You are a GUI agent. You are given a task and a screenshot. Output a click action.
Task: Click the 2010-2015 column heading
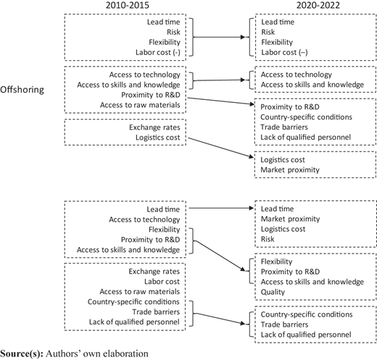[128, 5]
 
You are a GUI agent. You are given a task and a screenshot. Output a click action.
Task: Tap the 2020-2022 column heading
[318, 5]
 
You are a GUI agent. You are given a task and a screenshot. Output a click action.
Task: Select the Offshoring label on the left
[22, 90]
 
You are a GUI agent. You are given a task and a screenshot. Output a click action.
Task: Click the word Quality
[273, 292]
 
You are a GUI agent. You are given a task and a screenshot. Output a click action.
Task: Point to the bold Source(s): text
[22, 353]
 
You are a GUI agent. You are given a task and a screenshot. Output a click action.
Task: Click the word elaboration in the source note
[126, 353]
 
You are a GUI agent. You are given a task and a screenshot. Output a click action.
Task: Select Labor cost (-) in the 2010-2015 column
[158, 52]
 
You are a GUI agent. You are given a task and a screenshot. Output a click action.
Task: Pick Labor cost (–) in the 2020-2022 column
[284, 52]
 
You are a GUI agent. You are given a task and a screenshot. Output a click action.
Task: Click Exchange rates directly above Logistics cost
[154, 127]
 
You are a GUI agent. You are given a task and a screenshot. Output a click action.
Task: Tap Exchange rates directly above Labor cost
[154, 272]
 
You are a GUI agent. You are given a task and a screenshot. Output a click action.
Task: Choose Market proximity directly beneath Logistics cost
[290, 170]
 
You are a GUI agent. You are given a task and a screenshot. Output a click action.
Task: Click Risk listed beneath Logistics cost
[268, 239]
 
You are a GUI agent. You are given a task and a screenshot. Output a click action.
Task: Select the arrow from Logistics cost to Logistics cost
[221, 148]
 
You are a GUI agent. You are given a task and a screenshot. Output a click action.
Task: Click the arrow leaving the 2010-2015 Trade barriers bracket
[220, 318]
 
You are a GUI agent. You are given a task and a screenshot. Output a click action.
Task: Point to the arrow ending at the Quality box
[220, 255]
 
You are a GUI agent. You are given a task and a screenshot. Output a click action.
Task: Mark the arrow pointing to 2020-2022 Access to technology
[219, 80]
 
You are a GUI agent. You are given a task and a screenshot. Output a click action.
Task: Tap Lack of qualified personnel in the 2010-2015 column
[134, 322]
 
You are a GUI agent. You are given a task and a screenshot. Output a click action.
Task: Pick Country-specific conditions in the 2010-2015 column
[133, 302]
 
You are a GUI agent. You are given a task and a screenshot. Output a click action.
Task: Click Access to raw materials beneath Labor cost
[140, 292]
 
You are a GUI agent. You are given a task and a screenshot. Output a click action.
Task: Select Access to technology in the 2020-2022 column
[297, 75]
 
